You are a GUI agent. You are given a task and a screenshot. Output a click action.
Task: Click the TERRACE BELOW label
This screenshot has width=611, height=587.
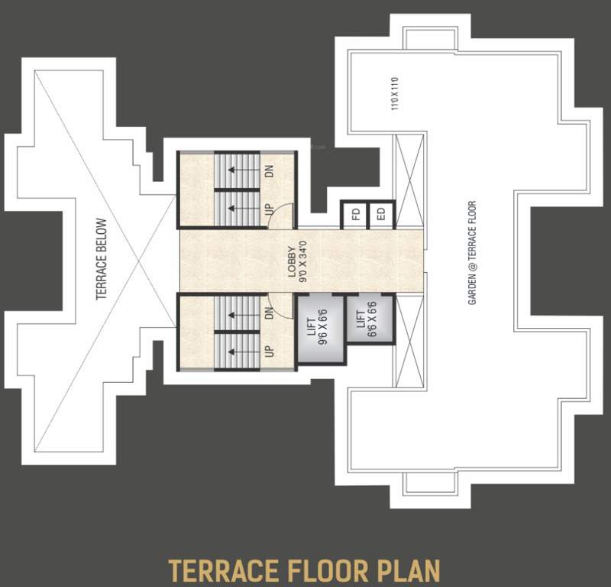coord(102,260)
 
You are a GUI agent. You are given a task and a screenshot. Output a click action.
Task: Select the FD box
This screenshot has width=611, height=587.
coord(355,215)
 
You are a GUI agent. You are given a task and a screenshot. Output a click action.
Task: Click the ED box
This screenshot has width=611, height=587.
coord(380,215)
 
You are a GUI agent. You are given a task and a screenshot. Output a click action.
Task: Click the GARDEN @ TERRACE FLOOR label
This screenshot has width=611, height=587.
coord(472,253)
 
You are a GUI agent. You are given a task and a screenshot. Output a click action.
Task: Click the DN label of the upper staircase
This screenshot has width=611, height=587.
coord(269,171)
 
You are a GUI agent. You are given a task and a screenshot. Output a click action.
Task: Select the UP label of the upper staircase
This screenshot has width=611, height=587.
coord(269,209)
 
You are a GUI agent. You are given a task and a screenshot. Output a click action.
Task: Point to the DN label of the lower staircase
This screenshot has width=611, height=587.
coord(269,313)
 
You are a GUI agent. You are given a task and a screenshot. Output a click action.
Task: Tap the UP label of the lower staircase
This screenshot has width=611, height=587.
coord(269,351)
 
